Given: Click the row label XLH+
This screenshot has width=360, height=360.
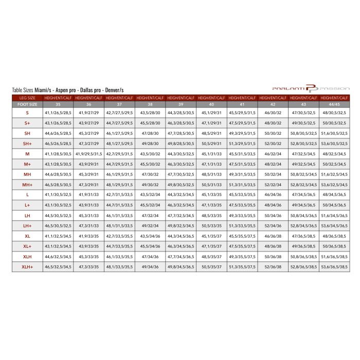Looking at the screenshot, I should tap(27, 267).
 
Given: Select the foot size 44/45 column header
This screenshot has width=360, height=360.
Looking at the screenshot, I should tap(334, 104).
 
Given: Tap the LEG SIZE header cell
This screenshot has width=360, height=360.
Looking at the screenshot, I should tap(27, 98).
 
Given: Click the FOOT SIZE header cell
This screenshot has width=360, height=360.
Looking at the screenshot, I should tap(27, 104).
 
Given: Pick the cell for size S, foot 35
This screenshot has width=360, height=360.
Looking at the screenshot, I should tap(58, 113).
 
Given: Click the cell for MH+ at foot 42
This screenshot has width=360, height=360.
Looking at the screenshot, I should tap(273, 185).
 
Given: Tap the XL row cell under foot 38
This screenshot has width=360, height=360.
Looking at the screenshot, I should tap(150, 236).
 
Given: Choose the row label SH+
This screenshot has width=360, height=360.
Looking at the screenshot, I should tap(27, 143).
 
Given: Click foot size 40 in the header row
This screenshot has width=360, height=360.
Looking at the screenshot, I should tap(211, 104).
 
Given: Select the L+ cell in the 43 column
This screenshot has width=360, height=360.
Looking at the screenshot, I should tap(303, 205).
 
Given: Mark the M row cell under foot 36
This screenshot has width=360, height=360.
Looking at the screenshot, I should tap(88, 154).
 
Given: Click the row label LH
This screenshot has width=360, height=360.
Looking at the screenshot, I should tap(27, 215).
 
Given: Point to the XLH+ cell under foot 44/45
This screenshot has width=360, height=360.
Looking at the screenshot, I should tap(334, 267).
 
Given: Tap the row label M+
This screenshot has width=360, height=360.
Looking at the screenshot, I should tap(27, 164).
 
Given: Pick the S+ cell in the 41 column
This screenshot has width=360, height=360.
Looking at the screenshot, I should tap(242, 123).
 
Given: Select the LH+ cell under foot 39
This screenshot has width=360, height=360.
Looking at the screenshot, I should tap(181, 226).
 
